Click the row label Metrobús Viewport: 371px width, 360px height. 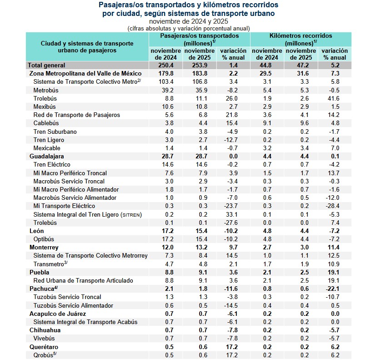tap(46, 90)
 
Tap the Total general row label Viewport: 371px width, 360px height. tap(47, 66)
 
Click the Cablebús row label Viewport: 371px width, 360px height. tap(46, 123)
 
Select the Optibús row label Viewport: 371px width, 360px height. tap(44, 239)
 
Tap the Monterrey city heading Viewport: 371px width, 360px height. tap(44, 247)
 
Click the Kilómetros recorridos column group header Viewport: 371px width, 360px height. tap(301, 39)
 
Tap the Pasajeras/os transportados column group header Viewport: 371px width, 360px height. tap(199, 39)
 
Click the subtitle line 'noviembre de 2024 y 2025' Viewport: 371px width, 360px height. tap(188, 21)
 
